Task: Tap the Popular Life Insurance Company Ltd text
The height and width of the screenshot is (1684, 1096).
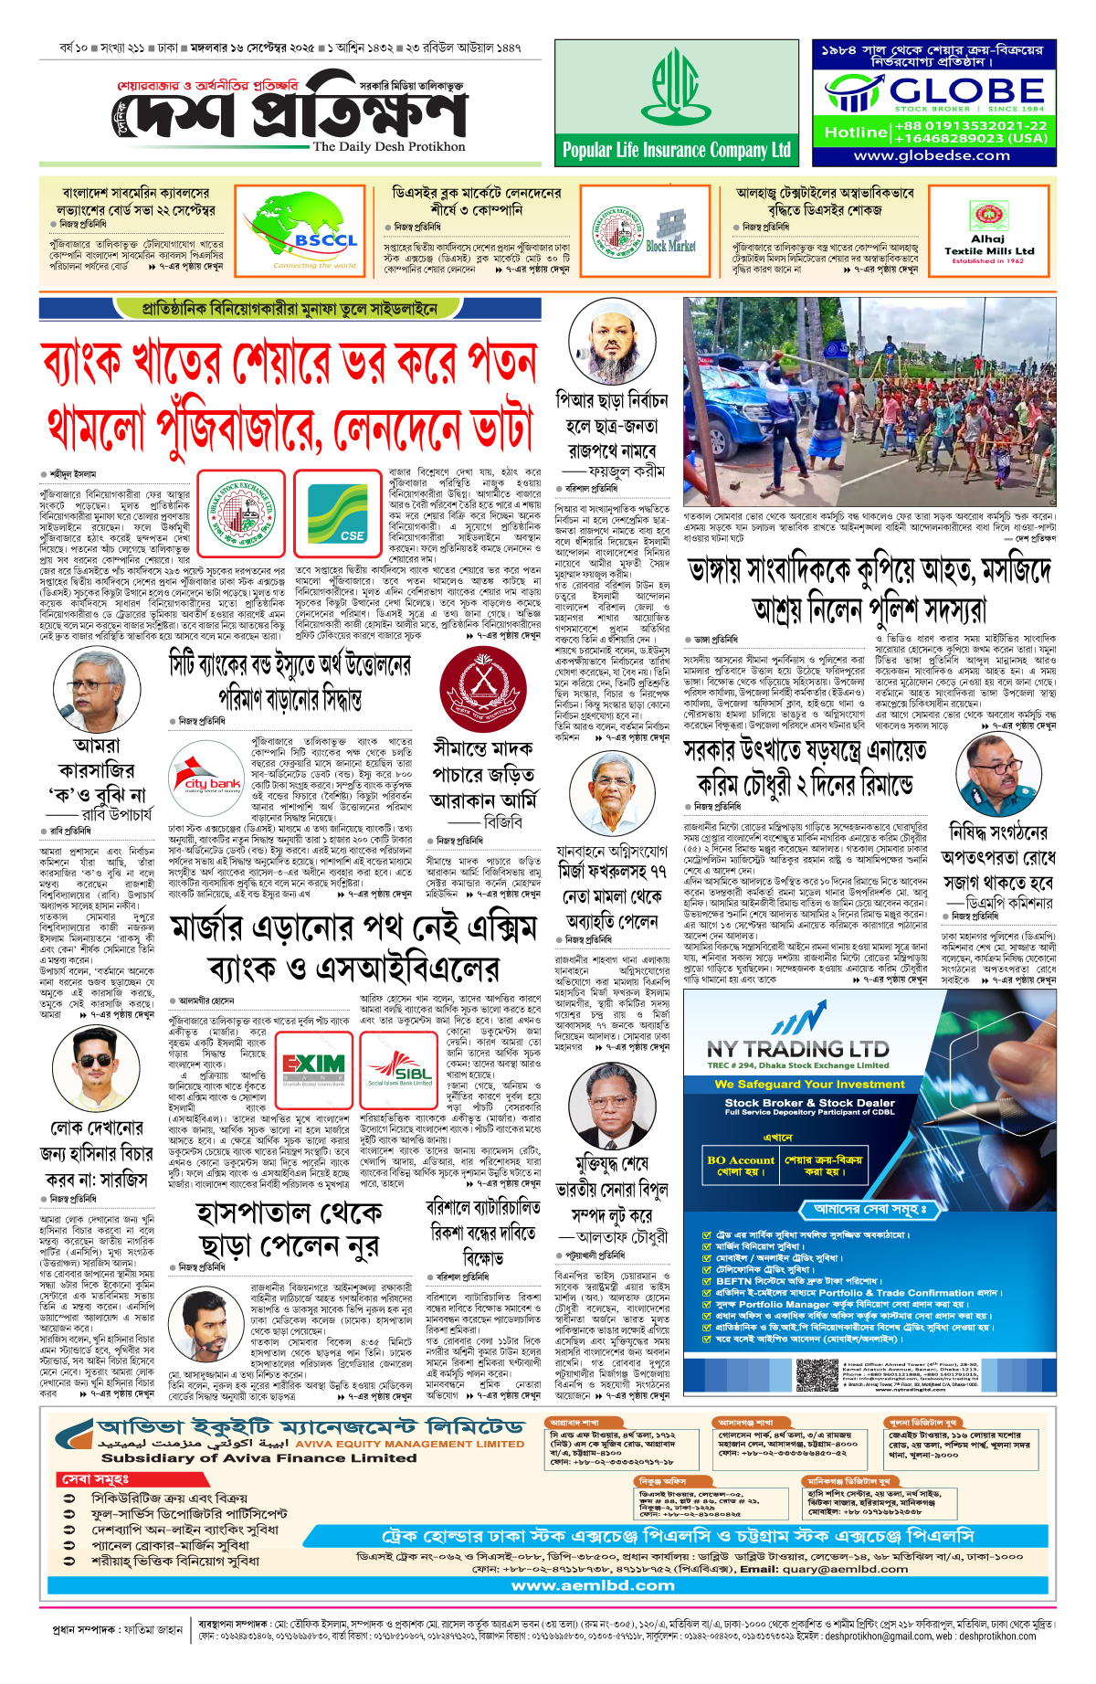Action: [x=677, y=151]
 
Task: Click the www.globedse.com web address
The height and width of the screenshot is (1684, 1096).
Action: [x=932, y=155]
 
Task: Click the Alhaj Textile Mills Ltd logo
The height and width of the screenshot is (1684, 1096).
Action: [x=988, y=229]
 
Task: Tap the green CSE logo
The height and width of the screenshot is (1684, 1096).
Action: [x=337, y=513]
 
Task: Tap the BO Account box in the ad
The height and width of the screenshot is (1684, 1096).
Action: [x=740, y=1165]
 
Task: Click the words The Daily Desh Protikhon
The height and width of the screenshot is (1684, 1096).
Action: [x=388, y=147]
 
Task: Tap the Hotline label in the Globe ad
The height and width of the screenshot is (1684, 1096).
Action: [x=856, y=132]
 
